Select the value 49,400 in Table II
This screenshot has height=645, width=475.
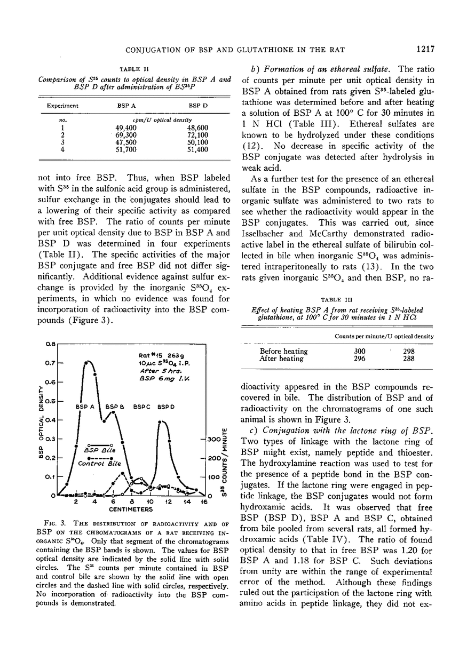[128, 128]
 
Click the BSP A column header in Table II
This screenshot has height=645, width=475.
[126, 106]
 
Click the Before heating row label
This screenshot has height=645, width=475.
[283, 351]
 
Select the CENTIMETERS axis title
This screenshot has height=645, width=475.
[131, 510]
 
